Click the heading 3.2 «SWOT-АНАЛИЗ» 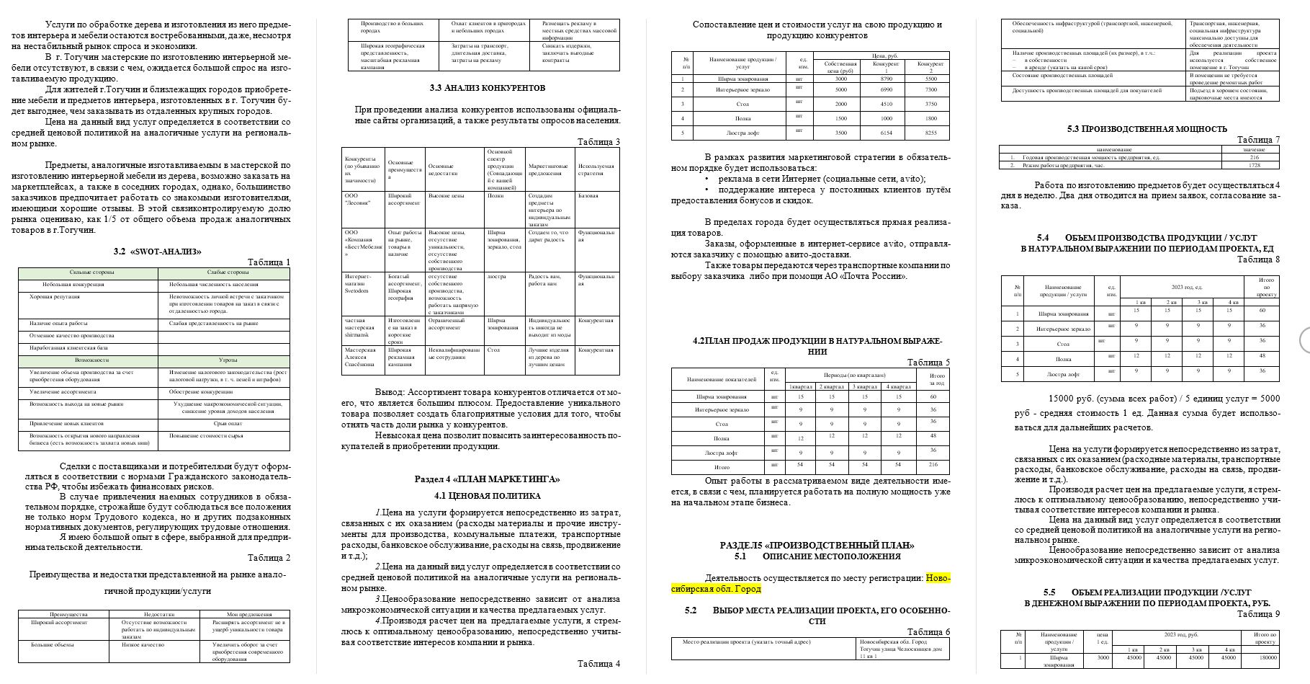point(157,252)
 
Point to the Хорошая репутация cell point(55,296)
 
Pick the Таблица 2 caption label point(269,557)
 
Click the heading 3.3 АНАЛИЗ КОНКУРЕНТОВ point(487,88)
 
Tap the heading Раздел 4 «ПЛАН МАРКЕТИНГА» point(487,479)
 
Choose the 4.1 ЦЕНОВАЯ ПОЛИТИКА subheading point(487,496)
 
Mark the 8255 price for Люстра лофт point(930,133)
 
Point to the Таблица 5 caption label point(928,363)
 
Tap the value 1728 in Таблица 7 point(1254,165)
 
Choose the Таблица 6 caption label point(928,632)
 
